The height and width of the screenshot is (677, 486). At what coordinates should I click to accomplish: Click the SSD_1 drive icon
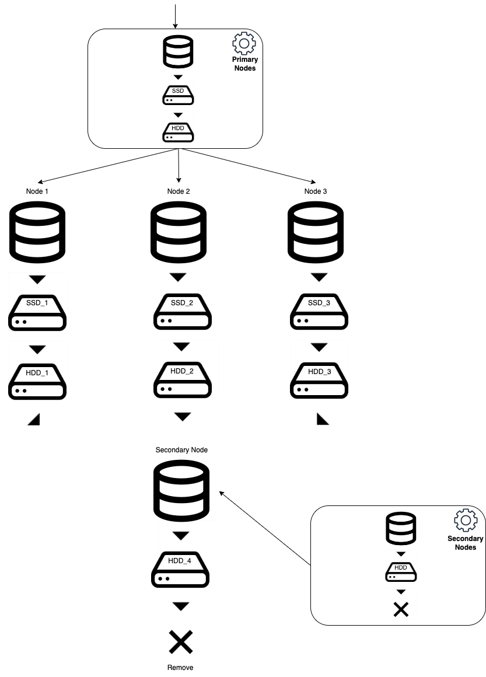point(37,313)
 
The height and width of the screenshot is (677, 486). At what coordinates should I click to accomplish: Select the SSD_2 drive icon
point(181,313)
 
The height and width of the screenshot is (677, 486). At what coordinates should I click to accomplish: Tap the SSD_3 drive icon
point(319,313)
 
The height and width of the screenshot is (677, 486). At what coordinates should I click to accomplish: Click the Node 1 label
point(37,191)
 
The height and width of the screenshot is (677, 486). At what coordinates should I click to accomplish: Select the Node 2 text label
point(179,191)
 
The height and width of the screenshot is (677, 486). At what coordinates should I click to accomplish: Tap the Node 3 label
point(316,191)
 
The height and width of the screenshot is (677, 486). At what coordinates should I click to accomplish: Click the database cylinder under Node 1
point(37,232)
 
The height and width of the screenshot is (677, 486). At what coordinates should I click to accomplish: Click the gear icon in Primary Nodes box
point(244,44)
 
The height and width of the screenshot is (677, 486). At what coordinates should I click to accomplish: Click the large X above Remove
point(181,642)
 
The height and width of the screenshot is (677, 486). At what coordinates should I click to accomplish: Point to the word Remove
point(181,667)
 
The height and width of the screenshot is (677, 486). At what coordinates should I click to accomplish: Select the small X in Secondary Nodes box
point(400,610)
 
